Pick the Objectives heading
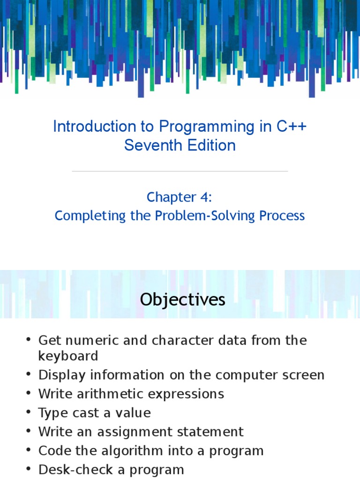(183, 300)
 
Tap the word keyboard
(68, 356)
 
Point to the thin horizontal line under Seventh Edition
(180, 172)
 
